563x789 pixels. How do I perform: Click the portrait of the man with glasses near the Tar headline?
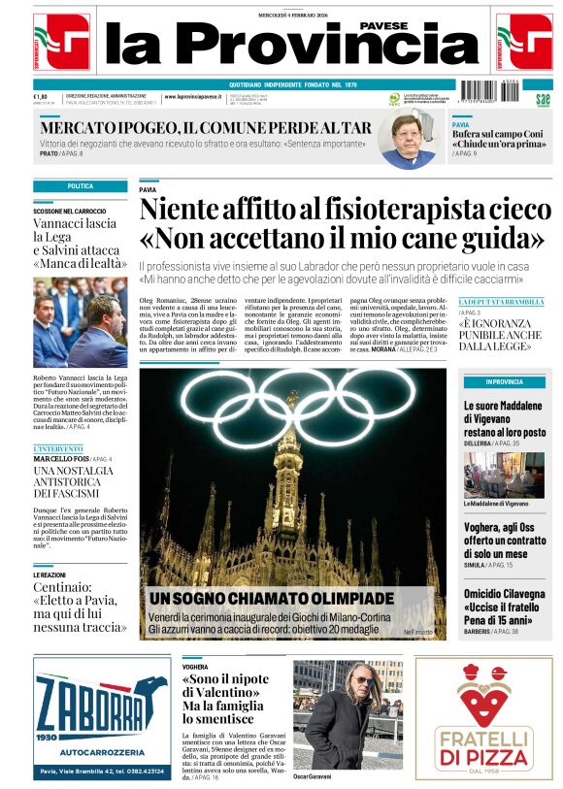405,140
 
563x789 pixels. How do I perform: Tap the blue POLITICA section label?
80,185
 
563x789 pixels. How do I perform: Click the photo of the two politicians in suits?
80,322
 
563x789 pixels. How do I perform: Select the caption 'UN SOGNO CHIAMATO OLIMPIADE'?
271,598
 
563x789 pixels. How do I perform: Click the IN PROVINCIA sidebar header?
504,381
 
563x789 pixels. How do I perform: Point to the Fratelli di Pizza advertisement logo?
482,718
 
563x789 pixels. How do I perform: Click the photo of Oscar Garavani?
347,715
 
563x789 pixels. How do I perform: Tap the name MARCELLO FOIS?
62,459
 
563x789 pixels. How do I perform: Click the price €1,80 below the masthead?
41,96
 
